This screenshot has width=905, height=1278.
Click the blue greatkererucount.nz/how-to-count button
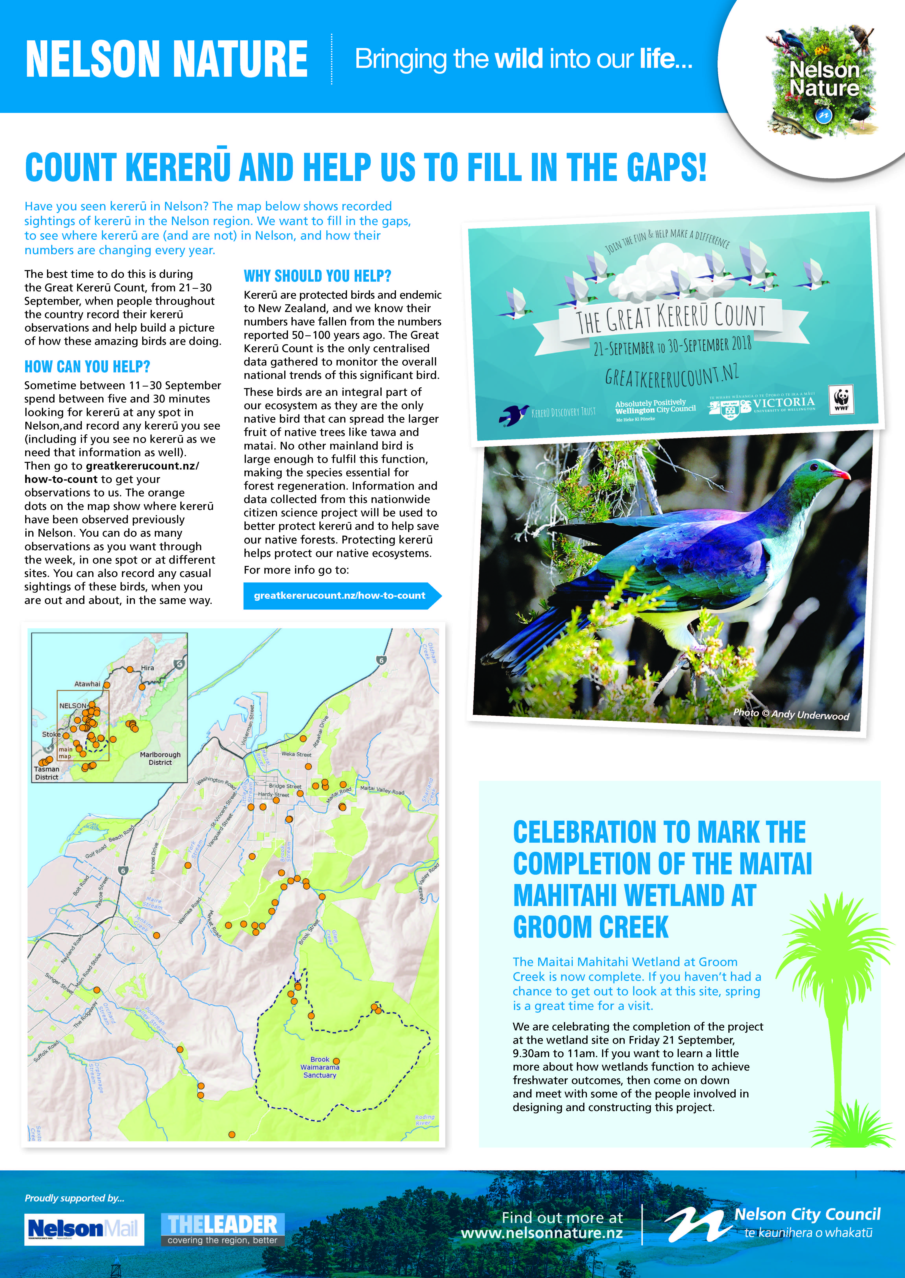(340, 595)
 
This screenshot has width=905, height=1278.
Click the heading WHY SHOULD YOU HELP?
(318, 276)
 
